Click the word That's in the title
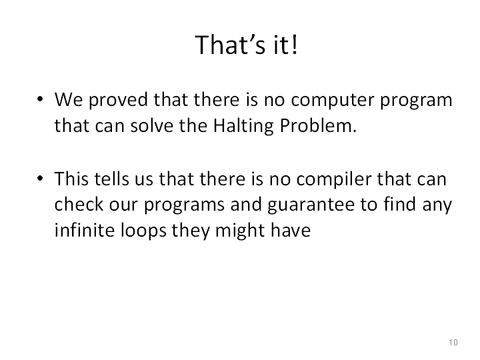pyautogui.click(x=230, y=45)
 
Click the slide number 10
pyautogui.click(x=453, y=342)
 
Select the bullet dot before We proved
pyautogui.click(x=40, y=99)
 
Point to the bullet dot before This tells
pyautogui.click(x=40, y=178)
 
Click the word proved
pyautogui.click(x=119, y=101)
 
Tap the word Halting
pyautogui.click(x=243, y=126)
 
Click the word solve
pyautogui.click(x=152, y=125)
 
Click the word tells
pyautogui.click(x=111, y=179)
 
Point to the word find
pyautogui.click(x=399, y=204)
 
